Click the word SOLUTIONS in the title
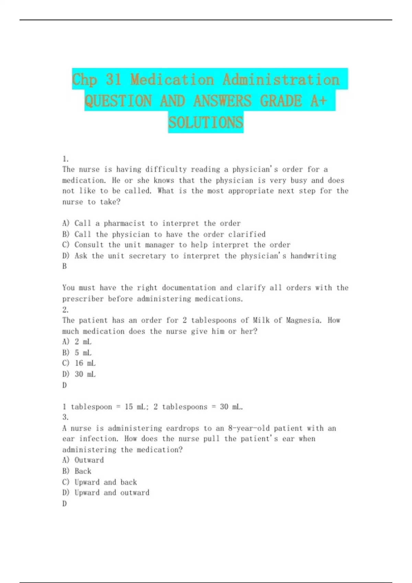pyautogui.click(x=206, y=122)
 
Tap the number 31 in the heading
pyautogui.click(x=114, y=80)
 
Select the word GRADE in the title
pyautogui.click(x=281, y=101)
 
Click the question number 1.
pyautogui.click(x=65, y=159)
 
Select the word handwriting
pyautogui.click(x=313, y=256)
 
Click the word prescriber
pyautogui.click(x=83, y=299)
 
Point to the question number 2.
pyautogui.click(x=65, y=310)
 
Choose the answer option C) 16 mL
pyautogui.click(x=79, y=363)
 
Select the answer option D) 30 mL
pyautogui.click(x=79, y=374)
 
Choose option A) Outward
pyautogui.click(x=83, y=460)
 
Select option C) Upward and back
pyautogui.click(x=100, y=482)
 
